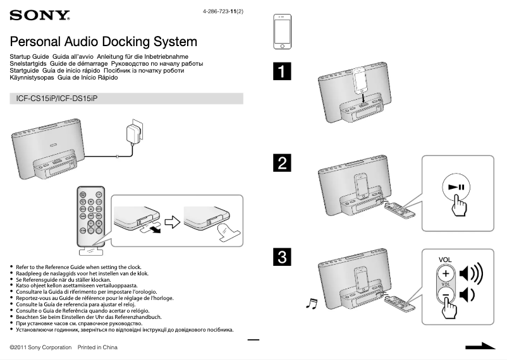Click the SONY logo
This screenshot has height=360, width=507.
pos(40,15)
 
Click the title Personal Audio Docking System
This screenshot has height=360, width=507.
pos(104,42)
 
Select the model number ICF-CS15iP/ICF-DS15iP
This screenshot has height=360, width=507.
pos(58,99)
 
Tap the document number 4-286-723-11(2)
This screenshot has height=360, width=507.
pos(223,11)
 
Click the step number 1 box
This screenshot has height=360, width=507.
pos(282,71)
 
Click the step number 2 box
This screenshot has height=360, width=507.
pos(282,163)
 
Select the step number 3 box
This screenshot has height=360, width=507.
pos(282,257)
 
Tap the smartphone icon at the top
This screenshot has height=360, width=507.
pos(282,31)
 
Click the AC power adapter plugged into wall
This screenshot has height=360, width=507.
pos(134,135)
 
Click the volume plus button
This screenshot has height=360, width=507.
pos(446,273)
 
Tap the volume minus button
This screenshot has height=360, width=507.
pos(446,295)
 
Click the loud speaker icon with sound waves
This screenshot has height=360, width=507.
pos(471,273)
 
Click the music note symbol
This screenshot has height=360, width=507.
pos(310,304)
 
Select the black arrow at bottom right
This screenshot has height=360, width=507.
pos(480,346)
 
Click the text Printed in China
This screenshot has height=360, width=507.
pos(97,347)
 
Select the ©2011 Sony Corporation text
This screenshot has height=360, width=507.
pos(41,347)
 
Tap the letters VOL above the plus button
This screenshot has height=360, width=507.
pos(445,260)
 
